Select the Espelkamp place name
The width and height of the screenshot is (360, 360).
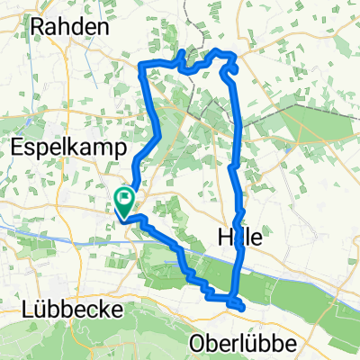click(x=64, y=143)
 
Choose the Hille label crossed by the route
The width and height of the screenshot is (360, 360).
click(x=240, y=238)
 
